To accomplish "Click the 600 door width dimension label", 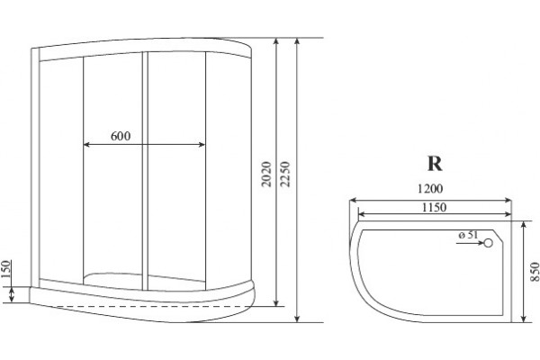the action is (121, 136).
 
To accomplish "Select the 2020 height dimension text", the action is (266, 174).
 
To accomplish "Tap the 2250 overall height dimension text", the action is (285, 174).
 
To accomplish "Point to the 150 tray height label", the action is (5, 269).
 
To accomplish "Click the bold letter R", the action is (435, 164).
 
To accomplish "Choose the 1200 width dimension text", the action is (430, 189).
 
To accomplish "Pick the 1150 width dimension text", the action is (435, 207).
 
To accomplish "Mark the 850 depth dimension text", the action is (535, 272).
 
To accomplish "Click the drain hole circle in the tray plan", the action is (489, 243).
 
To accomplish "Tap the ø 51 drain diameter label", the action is (468, 235).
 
